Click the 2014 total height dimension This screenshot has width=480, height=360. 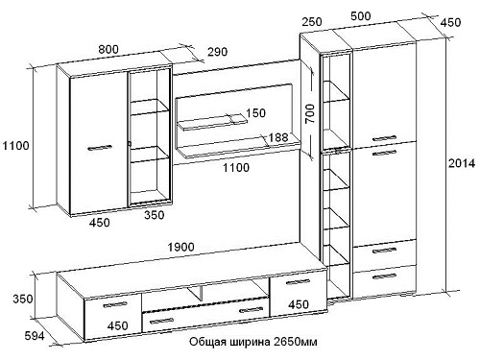[x=462, y=163]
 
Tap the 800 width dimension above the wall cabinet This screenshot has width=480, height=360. [x=108, y=49]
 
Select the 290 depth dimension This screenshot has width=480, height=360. [x=217, y=52]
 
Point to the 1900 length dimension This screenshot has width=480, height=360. [x=180, y=247]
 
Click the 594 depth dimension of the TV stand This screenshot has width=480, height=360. [x=35, y=336]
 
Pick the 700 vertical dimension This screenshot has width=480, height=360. [x=310, y=113]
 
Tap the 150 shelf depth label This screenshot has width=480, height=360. [x=255, y=113]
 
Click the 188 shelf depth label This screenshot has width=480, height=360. [x=277, y=137]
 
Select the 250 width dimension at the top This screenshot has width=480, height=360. [x=312, y=22]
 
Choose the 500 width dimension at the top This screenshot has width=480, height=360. [x=360, y=16]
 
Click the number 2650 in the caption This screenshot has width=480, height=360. [x=285, y=342]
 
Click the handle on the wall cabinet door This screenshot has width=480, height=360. [x=100, y=148]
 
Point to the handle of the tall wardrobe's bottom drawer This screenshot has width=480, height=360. [x=385, y=276]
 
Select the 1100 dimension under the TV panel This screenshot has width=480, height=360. [x=236, y=167]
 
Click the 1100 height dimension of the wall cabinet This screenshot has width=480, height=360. [x=15, y=146]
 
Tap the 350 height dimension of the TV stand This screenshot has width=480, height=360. [x=23, y=299]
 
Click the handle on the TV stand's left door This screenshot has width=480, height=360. [x=115, y=304]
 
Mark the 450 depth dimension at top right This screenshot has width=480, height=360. [x=450, y=22]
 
